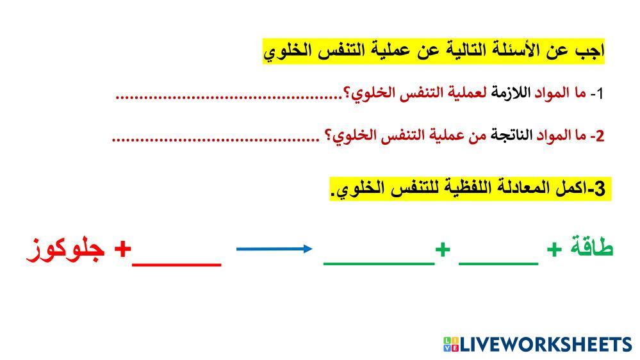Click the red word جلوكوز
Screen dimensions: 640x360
66,249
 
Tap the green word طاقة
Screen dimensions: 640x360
591,246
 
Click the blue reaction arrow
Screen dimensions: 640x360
274,249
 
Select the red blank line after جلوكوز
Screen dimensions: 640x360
177,265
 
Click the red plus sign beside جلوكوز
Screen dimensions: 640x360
122,249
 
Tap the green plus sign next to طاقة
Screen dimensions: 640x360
554,249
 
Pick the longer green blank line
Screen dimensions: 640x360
379,264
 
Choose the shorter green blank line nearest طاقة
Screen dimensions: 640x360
498,264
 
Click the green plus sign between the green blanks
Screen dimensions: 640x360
443,249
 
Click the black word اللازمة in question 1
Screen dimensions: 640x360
511,93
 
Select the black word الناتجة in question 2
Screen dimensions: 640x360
511,135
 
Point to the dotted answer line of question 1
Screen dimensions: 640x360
229,97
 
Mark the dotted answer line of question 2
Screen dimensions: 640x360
215,140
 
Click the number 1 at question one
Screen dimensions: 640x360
599,94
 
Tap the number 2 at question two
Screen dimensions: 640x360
600,136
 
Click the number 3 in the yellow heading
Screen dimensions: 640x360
600,188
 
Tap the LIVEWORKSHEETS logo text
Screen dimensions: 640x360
546,344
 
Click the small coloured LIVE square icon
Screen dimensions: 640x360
451,344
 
